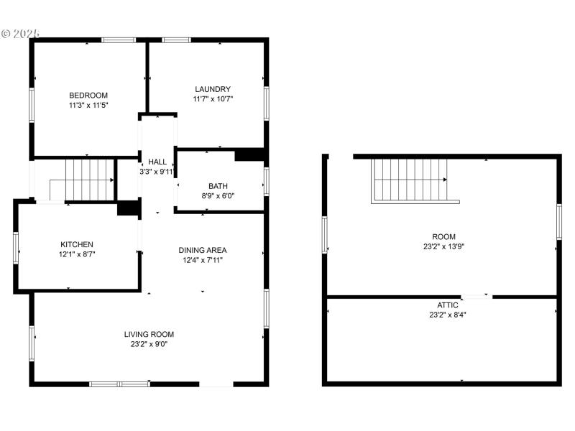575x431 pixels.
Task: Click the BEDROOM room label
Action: [88, 95]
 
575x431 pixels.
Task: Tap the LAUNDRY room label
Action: [213, 89]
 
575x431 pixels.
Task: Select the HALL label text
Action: [156, 161]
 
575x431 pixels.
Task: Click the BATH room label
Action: [218, 185]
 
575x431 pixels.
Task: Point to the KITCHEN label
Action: [77, 244]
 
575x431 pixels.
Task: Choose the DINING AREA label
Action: [203, 250]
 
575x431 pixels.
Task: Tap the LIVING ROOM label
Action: [149, 334]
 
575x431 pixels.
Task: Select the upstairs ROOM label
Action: [443, 236]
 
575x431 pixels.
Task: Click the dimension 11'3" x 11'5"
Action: [88, 105]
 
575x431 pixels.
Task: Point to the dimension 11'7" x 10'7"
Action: [213, 99]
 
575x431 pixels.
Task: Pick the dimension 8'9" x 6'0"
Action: [218, 195]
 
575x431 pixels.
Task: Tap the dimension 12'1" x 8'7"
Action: [77, 254]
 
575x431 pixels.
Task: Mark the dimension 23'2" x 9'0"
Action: [149, 344]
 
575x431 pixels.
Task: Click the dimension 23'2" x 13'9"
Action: [443, 246]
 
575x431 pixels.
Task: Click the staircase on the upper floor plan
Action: [410, 180]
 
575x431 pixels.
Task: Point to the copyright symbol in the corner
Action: [6, 33]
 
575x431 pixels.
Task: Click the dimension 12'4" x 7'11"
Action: [203, 260]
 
